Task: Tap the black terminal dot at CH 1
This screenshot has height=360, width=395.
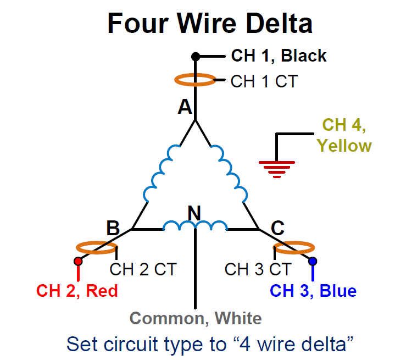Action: (195, 56)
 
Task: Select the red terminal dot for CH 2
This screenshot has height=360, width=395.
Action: (78, 261)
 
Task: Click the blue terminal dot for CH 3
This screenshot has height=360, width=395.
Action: (313, 261)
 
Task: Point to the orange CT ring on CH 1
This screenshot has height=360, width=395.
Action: (195, 80)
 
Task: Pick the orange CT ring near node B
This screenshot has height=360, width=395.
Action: (96, 248)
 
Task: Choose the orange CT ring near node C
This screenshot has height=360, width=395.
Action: (293, 248)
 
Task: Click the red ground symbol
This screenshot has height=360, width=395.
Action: (277, 167)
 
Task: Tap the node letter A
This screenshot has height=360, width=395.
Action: (185, 107)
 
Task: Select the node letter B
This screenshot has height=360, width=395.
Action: (113, 227)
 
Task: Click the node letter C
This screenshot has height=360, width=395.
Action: (278, 227)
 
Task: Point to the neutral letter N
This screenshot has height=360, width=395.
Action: (194, 212)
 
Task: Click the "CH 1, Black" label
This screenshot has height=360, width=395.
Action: (279, 56)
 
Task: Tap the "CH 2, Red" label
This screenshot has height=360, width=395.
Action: (77, 290)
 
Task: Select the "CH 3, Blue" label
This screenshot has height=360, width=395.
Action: (313, 290)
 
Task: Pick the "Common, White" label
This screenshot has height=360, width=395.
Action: (195, 318)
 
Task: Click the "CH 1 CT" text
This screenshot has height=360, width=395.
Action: (264, 81)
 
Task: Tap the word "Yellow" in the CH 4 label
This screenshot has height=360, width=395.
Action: (344, 146)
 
